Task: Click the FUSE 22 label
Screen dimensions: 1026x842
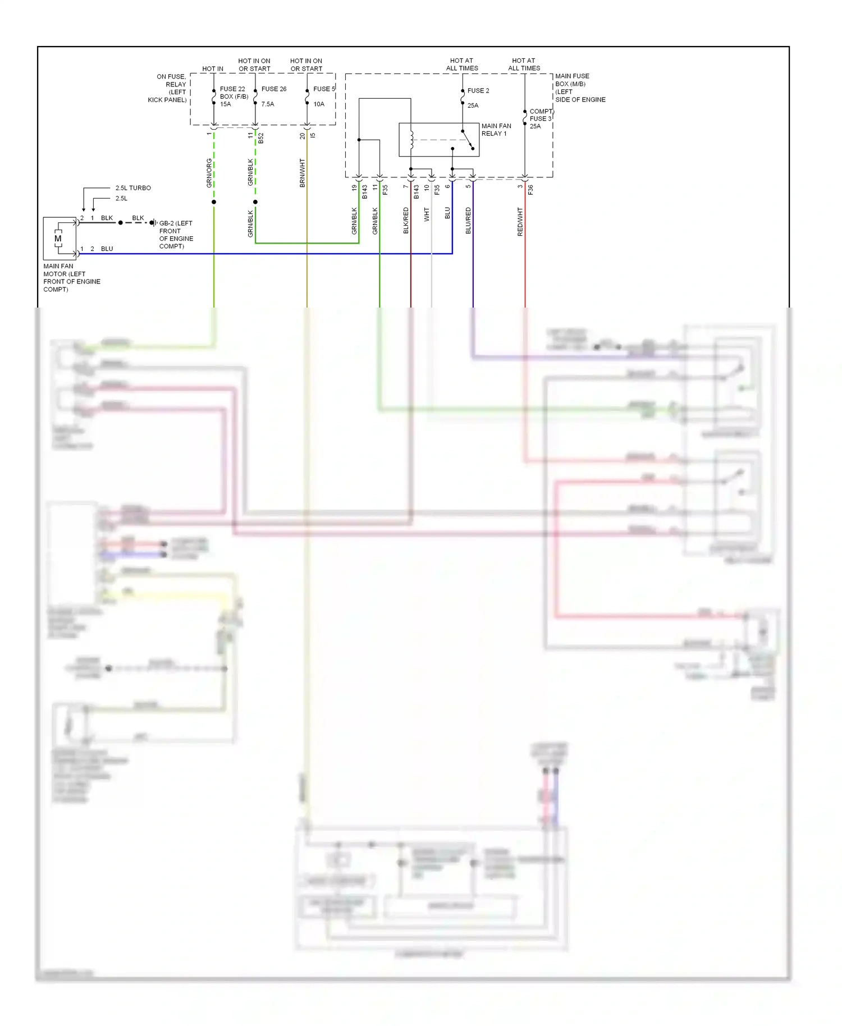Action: click(232, 89)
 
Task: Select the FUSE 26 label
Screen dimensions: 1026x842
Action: click(274, 89)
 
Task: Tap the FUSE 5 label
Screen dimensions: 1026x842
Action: click(324, 89)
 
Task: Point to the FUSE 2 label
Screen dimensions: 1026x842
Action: click(478, 90)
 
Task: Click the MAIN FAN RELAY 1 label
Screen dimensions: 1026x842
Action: click(496, 130)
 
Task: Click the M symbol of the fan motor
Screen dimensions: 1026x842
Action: click(58, 239)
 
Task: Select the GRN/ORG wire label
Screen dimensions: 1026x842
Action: click(209, 173)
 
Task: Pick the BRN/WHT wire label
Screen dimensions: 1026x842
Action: click(303, 173)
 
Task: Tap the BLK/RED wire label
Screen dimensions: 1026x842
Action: click(406, 221)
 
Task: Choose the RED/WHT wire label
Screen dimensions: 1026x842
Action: click(520, 221)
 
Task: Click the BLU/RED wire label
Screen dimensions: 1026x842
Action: click(468, 221)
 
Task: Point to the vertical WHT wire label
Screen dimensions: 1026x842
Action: click(427, 214)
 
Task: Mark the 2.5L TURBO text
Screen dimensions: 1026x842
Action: click(133, 188)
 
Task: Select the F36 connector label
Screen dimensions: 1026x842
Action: click(530, 190)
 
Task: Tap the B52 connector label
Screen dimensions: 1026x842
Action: click(261, 138)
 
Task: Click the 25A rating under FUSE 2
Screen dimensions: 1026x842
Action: click(473, 106)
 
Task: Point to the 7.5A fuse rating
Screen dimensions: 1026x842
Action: click(268, 104)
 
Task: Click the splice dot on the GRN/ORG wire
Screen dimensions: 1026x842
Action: click(214, 202)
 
